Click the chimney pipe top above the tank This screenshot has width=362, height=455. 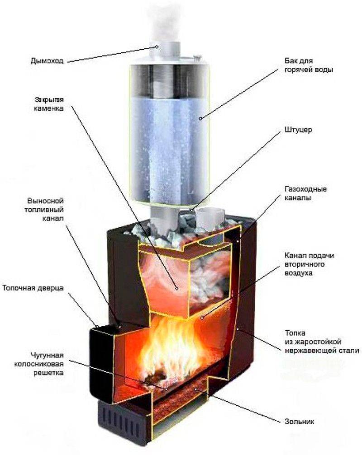pyautogui.click(x=161, y=50)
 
